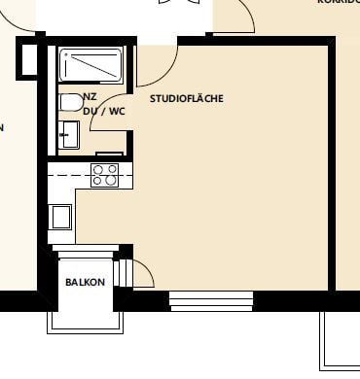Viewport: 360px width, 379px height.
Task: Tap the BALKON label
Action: pos(85,282)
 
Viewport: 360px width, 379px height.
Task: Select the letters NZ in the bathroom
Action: pos(90,97)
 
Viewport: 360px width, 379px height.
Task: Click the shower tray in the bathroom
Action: pos(93,66)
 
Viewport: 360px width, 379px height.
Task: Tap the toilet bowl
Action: pos(70,102)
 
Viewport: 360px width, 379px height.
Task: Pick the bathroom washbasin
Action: pos(68,133)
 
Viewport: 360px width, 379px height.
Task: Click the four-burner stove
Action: pos(105,175)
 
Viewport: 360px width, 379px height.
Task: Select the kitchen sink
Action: pos(60,216)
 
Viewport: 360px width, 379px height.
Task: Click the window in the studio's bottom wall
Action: pos(212,299)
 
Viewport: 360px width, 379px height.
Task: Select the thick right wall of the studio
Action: pos(331,165)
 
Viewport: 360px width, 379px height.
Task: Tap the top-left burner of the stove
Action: pos(98,169)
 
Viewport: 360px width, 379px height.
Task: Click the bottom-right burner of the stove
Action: pos(112,181)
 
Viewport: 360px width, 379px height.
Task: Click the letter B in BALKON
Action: pos(68,282)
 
